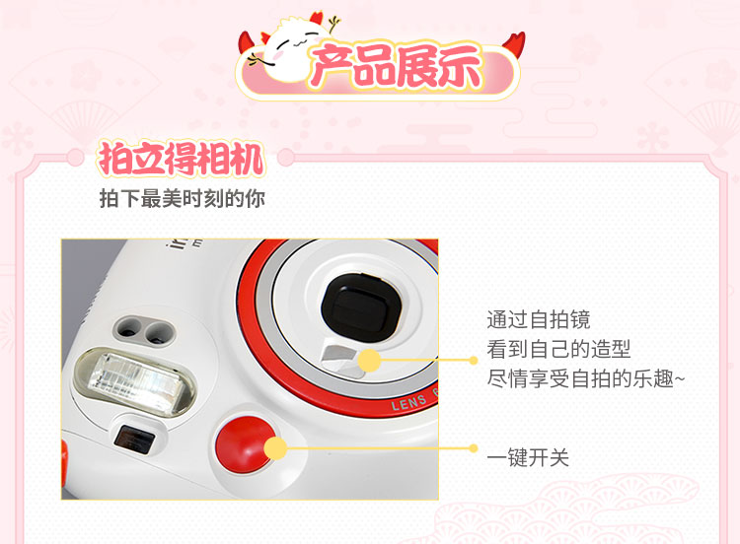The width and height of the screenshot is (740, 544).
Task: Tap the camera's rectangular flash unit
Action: [135, 380]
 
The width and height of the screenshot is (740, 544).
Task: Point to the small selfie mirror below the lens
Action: [343, 361]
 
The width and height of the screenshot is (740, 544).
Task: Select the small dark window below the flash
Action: [134, 440]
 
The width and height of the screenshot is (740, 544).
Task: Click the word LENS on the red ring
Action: [408, 402]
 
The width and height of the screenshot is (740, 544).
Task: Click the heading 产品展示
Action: [397, 67]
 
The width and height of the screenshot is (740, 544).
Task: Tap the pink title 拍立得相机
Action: [181, 159]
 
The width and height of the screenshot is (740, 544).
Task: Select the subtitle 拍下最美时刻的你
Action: [183, 198]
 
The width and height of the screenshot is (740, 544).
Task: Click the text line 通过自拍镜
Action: [539, 319]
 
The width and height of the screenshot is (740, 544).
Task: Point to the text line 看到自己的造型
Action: [558, 349]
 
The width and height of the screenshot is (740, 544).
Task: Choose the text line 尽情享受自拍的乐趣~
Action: [586, 379]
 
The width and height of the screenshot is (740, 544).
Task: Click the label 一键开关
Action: [528, 457]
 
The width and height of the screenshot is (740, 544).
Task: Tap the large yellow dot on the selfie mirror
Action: [370, 361]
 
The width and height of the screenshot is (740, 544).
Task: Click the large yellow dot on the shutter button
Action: [275, 448]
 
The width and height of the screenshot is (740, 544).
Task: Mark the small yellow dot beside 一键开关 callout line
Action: [474, 448]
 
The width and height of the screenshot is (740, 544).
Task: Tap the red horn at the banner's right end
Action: [514, 44]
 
